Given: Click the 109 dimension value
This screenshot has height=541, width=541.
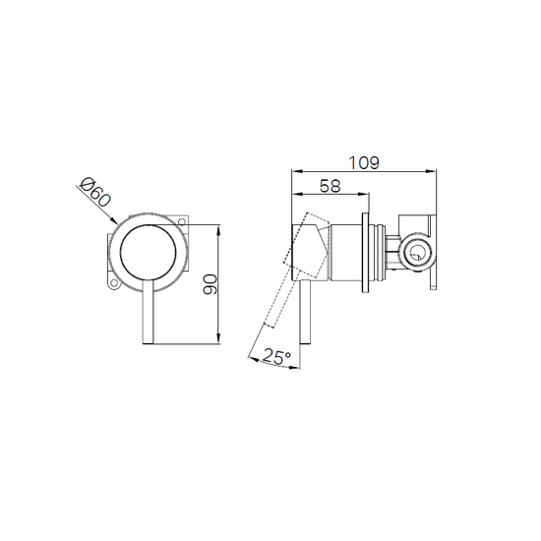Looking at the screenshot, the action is (364, 163).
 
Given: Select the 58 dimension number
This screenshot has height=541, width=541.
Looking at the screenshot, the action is (331, 186).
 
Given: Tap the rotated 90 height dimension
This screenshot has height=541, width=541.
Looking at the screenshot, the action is (210, 284).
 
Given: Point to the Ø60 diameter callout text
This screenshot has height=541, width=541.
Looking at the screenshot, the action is (95, 192).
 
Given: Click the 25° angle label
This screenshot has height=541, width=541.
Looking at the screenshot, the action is (277, 356).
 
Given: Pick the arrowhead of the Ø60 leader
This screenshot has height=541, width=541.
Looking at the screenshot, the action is (114, 220).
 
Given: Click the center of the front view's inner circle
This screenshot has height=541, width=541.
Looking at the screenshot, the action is (148, 253).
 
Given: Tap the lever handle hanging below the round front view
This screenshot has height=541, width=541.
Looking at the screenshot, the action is (148, 312).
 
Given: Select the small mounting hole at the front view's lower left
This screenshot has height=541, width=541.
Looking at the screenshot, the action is (113, 284).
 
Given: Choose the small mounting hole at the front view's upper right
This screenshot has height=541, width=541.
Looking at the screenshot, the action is (182, 221).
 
